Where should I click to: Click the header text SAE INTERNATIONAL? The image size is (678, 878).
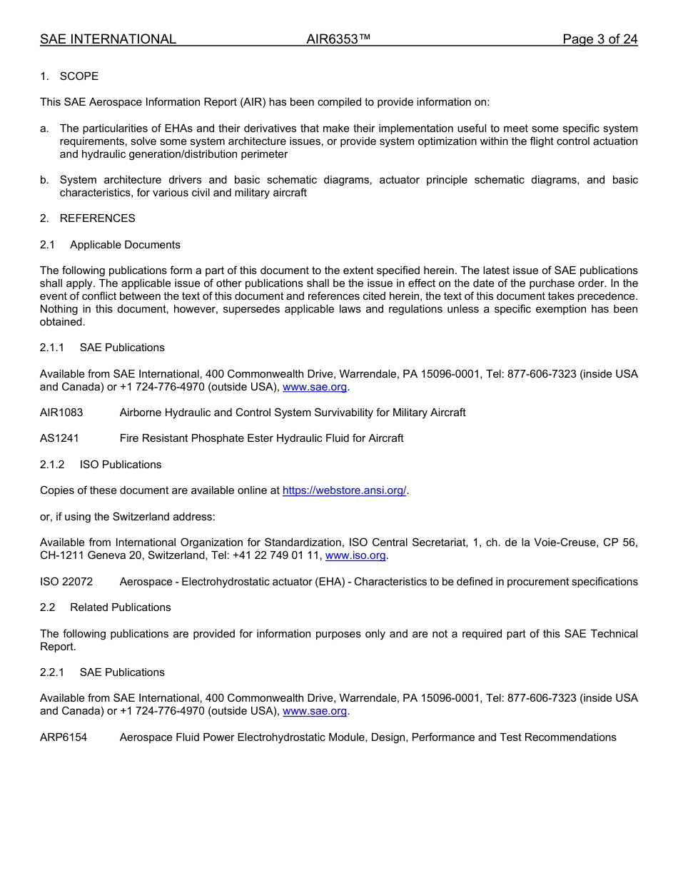pyautogui.click(x=108, y=39)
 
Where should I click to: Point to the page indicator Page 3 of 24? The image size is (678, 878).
pyautogui.click(x=599, y=39)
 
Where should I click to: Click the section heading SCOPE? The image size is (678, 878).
pyautogui.click(x=79, y=76)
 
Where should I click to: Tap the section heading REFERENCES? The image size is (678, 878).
pyautogui.click(x=97, y=218)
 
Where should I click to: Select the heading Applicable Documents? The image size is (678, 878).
pyautogui.click(x=125, y=245)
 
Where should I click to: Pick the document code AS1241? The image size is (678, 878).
pyautogui.click(x=59, y=438)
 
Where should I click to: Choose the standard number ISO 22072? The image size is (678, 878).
pyautogui.click(x=66, y=582)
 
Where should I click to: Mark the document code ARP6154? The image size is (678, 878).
pyautogui.click(x=64, y=737)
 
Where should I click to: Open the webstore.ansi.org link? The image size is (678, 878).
pyautogui.click(x=344, y=490)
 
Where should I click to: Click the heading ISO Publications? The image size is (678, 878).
pyautogui.click(x=121, y=465)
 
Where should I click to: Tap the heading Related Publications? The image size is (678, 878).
pyautogui.click(x=121, y=607)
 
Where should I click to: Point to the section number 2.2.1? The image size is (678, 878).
pyautogui.click(x=52, y=672)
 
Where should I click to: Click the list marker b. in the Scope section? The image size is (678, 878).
pyautogui.click(x=44, y=180)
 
